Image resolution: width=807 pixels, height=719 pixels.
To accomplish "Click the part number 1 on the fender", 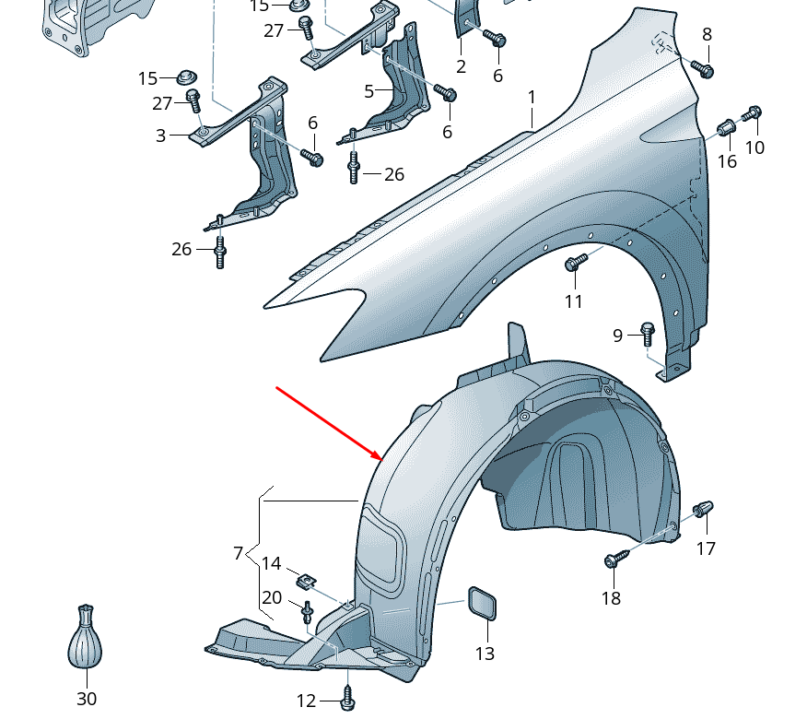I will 532,98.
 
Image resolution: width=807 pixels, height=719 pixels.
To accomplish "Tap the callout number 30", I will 87,700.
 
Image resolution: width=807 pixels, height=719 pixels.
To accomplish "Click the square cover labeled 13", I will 482,604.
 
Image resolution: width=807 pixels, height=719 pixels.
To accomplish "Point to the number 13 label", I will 485,654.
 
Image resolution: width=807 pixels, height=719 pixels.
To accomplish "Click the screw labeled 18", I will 615,559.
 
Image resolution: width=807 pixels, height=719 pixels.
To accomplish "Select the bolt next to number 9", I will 647,332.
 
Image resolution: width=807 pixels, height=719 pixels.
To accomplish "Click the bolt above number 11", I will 575,264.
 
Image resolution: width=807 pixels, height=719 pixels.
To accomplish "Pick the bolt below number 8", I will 704,69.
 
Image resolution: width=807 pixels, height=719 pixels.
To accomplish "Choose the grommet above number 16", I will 726,127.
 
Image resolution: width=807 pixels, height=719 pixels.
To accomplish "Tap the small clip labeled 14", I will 305,581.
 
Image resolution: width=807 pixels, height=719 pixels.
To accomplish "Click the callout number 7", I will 238,553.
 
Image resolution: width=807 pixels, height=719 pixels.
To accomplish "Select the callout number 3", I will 160,136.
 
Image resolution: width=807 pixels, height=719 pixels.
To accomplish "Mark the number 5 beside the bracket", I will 368,91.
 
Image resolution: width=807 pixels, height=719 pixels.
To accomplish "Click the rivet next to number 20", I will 307,609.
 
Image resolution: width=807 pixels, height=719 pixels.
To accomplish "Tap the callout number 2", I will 461,66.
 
